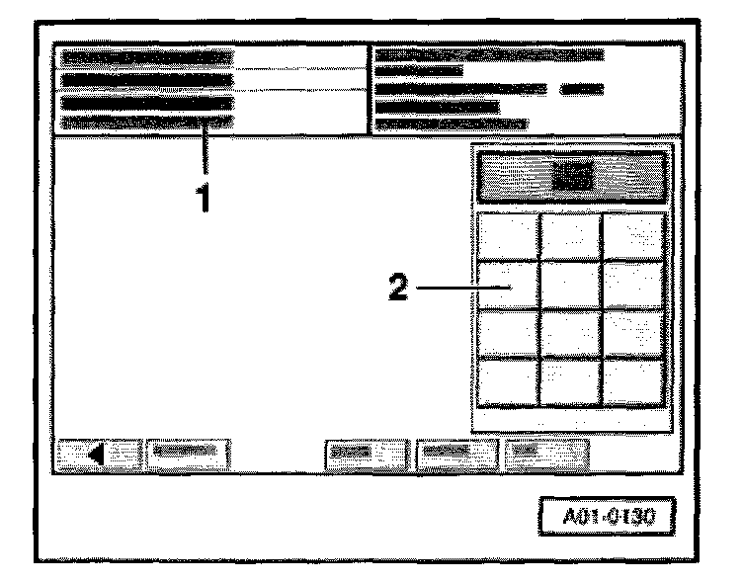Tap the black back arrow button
(x=98, y=455)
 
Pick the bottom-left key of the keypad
(x=509, y=380)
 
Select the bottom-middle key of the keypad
(x=571, y=380)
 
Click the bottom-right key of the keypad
(x=632, y=380)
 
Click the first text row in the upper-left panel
(x=146, y=58)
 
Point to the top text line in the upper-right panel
(x=489, y=54)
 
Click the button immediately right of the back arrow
(x=188, y=455)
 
